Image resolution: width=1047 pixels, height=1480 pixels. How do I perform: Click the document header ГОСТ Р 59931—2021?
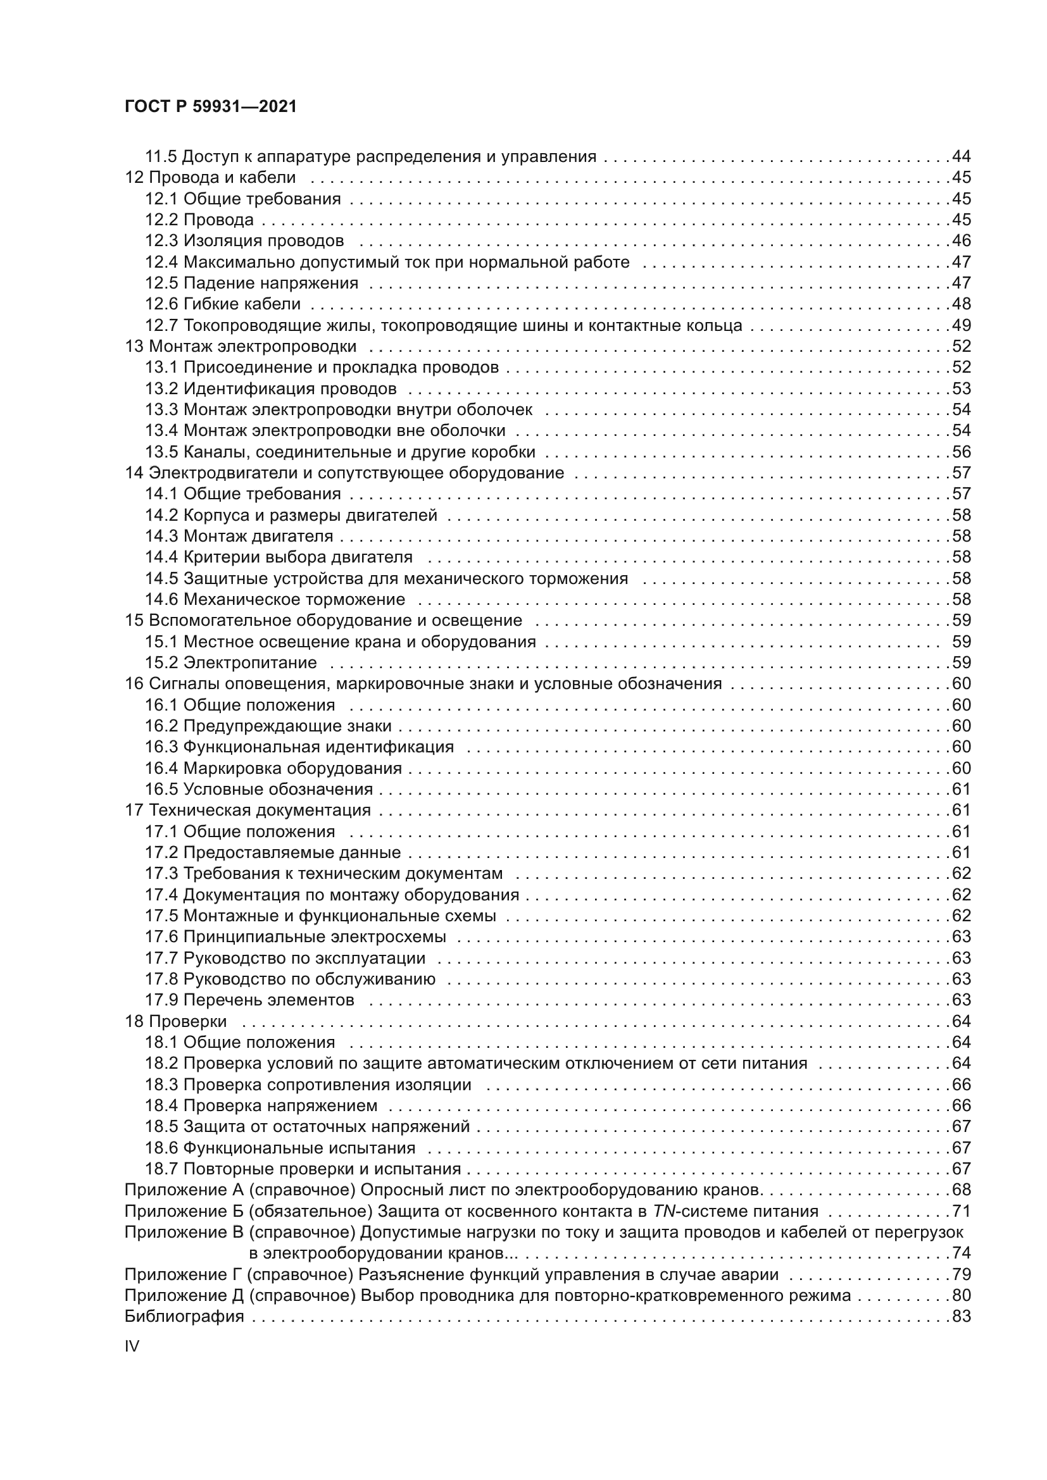(x=210, y=107)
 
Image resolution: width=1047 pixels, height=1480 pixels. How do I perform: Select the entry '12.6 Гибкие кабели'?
(x=222, y=304)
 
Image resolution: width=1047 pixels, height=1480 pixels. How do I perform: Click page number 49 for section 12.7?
(x=962, y=325)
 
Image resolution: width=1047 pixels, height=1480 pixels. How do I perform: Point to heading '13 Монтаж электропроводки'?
(x=241, y=347)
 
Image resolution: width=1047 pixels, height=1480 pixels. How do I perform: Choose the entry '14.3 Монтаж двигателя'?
(x=239, y=537)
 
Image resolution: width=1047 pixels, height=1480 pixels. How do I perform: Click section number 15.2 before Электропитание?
(x=161, y=662)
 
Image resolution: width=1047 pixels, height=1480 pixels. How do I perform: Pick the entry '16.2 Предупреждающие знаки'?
(x=268, y=726)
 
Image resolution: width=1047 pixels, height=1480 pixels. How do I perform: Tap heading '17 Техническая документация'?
(x=248, y=811)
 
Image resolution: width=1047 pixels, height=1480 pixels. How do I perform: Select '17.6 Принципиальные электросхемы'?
(x=294, y=936)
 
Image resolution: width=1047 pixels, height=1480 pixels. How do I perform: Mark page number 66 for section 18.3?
(x=962, y=1085)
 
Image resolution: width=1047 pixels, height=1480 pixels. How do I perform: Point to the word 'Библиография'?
(x=184, y=1317)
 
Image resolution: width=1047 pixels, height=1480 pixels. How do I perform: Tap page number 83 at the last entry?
(x=962, y=1317)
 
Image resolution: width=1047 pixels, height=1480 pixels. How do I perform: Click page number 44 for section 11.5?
(x=962, y=157)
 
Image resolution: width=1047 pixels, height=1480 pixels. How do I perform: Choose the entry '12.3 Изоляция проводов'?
(x=244, y=241)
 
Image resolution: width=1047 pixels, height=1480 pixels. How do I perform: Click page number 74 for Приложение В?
(x=962, y=1253)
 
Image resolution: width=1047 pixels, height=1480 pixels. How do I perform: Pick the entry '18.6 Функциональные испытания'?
(x=280, y=1148)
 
